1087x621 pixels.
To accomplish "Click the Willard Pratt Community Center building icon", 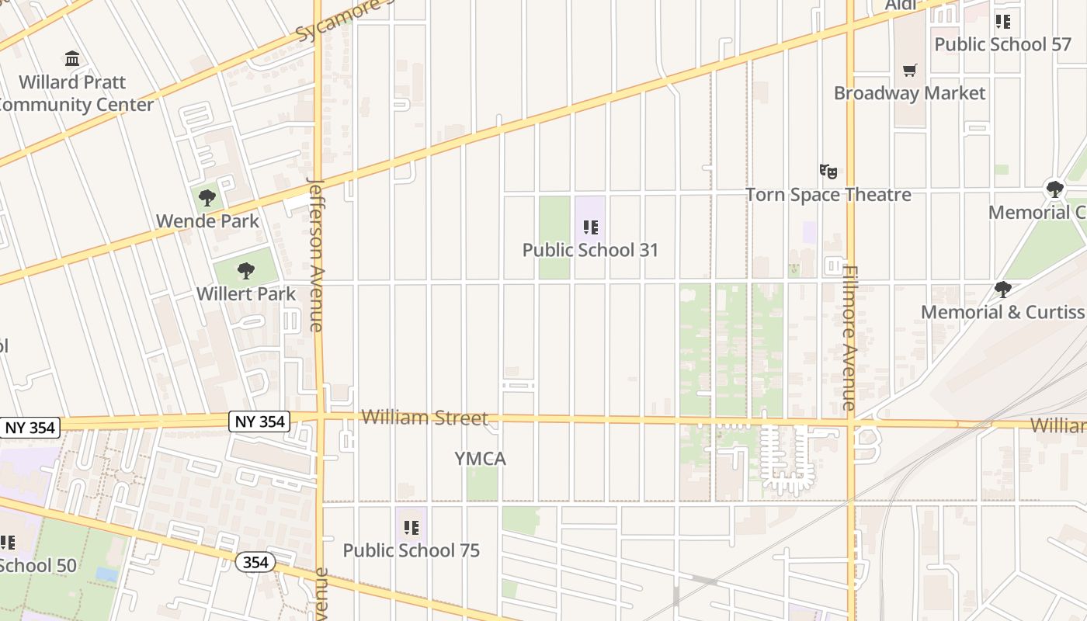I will [x=72, y=58].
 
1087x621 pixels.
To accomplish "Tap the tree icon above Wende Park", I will [x=207, y=197].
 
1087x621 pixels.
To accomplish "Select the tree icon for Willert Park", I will [x=246, y=271].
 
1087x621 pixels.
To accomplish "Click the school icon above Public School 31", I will [x=591, y=227].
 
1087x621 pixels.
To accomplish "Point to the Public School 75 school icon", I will [x=412, y=528].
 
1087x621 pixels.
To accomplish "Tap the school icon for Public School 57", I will [x=1003, y=22].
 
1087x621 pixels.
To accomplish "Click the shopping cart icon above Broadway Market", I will [x=910, y=71].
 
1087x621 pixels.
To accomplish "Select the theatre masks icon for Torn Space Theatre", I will [x=828, y=172].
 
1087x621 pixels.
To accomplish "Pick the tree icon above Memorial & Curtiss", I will [x=1002, y=290].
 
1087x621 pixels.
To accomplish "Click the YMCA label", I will [x=480, y=459].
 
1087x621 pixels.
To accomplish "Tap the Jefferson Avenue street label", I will [x=316, y=255].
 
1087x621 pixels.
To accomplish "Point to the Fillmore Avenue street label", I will [x=850, y=338].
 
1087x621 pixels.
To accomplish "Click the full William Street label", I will [x=425, y=418].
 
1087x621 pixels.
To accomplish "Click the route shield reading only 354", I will [x=255, y=563].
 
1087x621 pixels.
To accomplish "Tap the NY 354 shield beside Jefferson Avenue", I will [x=260, y=422].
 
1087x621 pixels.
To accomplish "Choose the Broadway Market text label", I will [x=909, y=93].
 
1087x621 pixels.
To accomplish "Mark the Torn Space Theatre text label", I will [x=828, y=194].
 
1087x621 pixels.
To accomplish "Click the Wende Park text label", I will [x=207, y=220].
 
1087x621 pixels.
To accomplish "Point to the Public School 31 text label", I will [x=590, y=250].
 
